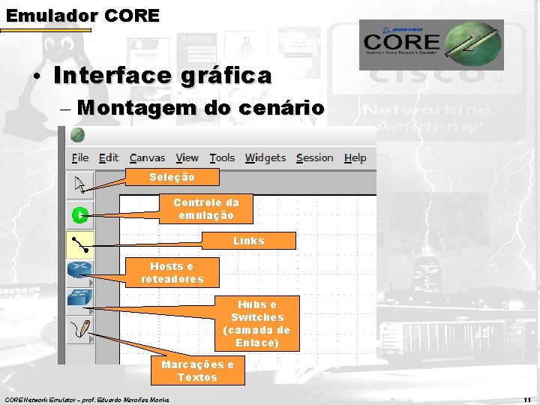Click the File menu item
pyautogui.click(x=80, y=157)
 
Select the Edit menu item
pyautogui.click(x=109, y=157)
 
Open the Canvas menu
pyautogui.click(x=147, y=157)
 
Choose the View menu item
pyautogui.click(x=187, y=157)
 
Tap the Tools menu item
pyautogui.click(x=222, y=157)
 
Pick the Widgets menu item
pyautogui.click(x=265, y=157)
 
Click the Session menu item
pyautogui.click(x=314, y=157)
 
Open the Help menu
pyautogui.click(x=355, y=157)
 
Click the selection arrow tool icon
pyautogui.click(x=80, y=183)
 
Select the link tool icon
pyautogui.click(x=79, y=242)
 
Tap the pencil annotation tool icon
pyautogui.click(x=79, y=328)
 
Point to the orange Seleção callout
pyautogui.click(x=172, y=177)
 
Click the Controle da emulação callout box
pyautogui.click(x=205, y=209)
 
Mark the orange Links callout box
pyautogui.click(x=248, y=241)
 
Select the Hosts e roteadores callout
pyautogui.click(x=172, y=273)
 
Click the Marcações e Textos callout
pyautogui.click(x=197, y=370)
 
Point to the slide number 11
pyautogui.click(x=527, y=399)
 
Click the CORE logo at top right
pyautogui.click(x=430, y=44)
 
